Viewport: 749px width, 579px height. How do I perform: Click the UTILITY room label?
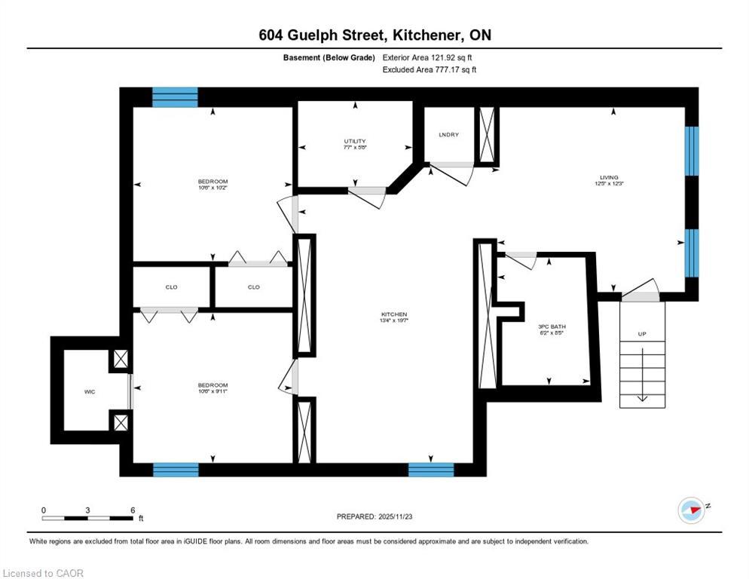point(355,141)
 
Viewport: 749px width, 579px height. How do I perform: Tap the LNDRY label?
point(449,135)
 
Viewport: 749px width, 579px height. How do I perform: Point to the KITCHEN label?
point(394,314)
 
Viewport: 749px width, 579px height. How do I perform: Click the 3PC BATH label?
point(552,326)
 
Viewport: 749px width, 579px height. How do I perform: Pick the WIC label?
point(88,392)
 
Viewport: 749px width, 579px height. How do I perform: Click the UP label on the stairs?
point(642,333)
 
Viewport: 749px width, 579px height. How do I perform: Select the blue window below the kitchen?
point(431,470)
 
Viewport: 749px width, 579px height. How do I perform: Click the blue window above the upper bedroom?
point(175,97)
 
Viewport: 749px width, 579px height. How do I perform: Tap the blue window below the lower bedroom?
point(176,470)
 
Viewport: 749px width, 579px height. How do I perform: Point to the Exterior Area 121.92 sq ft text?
point(427,57)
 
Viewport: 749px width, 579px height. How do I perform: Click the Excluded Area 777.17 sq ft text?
point(430,69)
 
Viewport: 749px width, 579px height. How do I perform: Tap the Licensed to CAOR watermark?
point(44,573)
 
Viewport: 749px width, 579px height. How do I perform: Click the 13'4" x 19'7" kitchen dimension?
point(394,321)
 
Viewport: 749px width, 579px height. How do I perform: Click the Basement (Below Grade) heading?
point(329,57)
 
